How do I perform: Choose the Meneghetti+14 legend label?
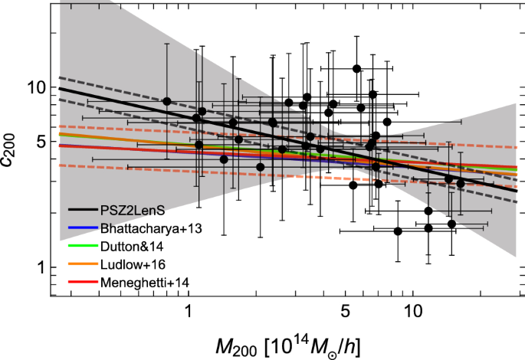144,283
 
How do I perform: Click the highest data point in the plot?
356,69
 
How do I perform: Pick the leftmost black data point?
166,101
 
